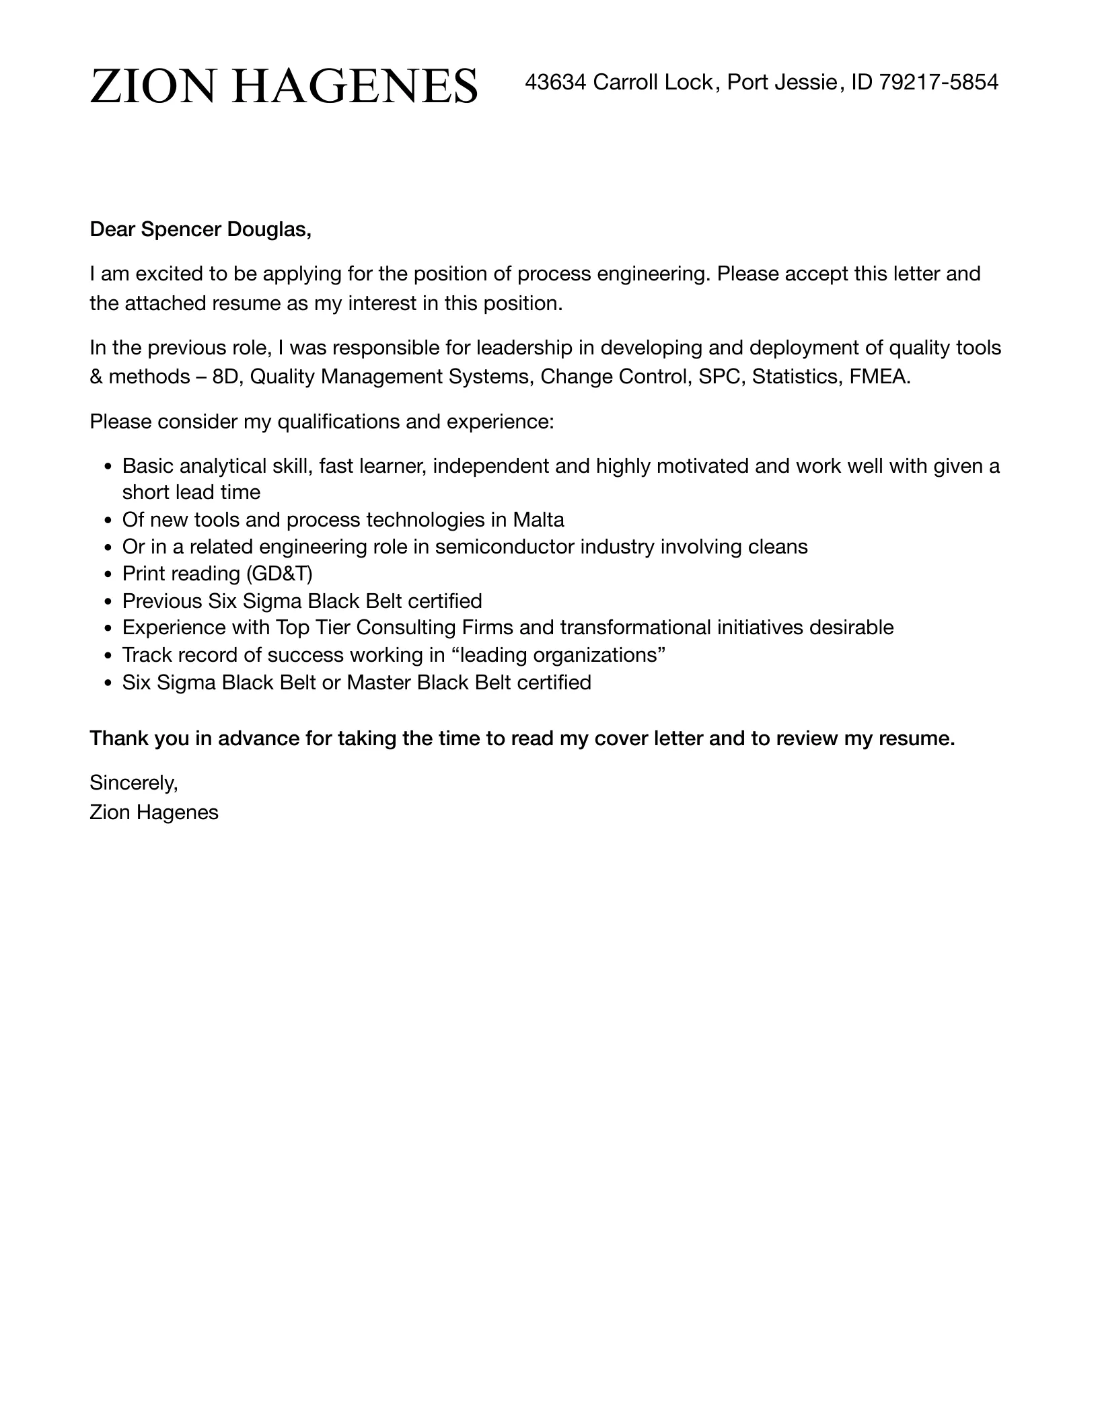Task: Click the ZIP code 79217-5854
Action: pyautogui.click(x=939, y=82)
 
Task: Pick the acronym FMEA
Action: pyautogui.click(x=879, y=377)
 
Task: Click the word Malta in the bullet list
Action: pyautogui.click(x=538, y=520)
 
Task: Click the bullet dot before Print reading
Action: pyautogui.click(x=108, y=574)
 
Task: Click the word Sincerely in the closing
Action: pyautogui.click(x=133, y=783)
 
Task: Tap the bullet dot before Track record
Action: pyautogui.click(x=108, y=656)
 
